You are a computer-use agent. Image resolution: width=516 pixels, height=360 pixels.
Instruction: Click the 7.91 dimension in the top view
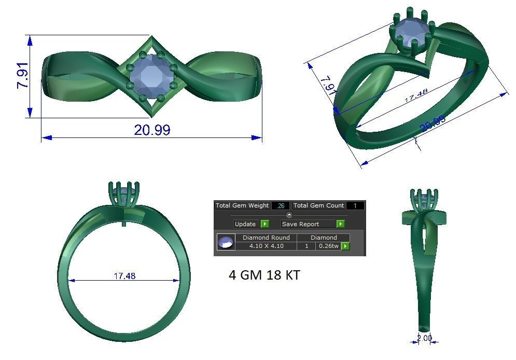tap(23, 76)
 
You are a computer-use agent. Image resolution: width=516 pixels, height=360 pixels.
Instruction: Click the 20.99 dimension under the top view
tap(151, 130)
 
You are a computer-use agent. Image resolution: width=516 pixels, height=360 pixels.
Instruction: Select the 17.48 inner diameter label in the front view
tap(124, 276)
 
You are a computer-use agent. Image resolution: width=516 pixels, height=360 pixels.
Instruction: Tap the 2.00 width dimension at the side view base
tap(424, 338)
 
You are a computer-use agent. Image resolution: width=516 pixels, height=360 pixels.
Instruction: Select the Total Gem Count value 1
tap(355, 206)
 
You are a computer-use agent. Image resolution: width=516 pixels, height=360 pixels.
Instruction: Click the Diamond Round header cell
tap(266, 238)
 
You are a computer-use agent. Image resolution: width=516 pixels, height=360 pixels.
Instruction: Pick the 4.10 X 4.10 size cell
tap(266, 246)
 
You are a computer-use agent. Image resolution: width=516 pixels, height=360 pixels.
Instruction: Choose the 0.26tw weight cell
tap(328, 246)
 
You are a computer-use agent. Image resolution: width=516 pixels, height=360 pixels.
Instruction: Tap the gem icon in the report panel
tap(226, 242)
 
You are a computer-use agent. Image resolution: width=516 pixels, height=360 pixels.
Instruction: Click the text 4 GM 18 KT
tap(264, 275)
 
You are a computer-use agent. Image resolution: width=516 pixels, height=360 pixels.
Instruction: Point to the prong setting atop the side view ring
tap(424, 200)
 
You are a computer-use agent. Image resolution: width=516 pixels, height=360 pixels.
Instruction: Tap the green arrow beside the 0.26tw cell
tap(345, 246)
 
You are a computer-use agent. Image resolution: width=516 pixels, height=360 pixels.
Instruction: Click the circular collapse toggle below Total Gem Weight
tap(289, 215)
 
